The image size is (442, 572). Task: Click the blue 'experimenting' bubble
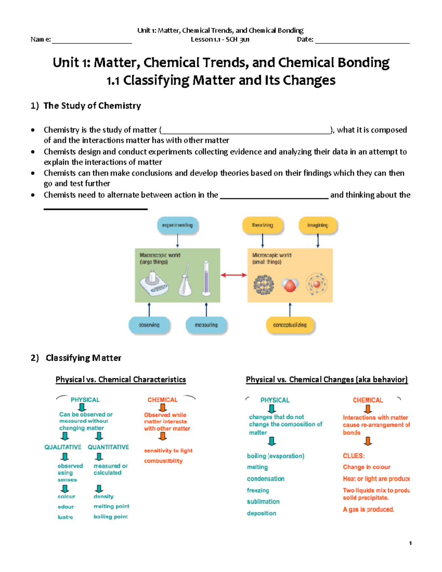(178, 225)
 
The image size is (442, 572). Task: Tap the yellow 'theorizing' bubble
(262, 225)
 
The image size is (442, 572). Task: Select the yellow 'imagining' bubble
(318, 225)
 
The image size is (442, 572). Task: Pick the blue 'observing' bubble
(149, 325)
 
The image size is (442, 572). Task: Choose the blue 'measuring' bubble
(206, 325)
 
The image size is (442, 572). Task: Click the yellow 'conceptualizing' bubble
(290, 325)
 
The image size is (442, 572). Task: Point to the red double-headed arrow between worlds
(234, 275)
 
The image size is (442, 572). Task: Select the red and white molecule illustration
(290, 285)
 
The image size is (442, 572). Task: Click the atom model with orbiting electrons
(316, 284)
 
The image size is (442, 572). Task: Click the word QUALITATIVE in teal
(63, 447)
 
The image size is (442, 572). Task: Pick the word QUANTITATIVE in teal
(108, 447)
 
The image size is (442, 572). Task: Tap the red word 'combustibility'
(163, 461)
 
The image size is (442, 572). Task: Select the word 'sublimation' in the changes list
(263, 502)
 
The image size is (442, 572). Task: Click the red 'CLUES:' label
(354, 456)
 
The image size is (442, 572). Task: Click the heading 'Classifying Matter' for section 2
(83, 358)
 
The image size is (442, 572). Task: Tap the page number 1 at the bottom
(410, 543)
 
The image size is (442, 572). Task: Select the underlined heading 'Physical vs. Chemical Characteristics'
(121, 380)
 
